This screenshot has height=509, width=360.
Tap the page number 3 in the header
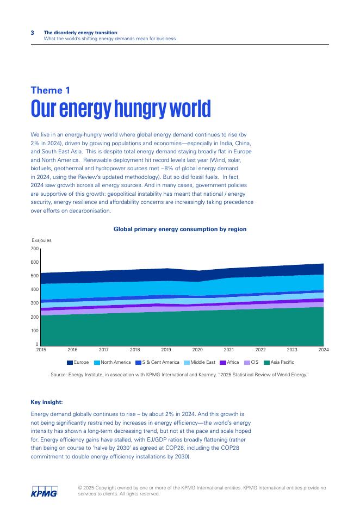tap(32, 33)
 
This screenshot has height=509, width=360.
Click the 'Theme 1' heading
tap(50, 90)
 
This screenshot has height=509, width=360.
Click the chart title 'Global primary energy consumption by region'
tap(180, 229)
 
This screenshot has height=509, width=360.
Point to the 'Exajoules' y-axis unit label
tap(41, 240)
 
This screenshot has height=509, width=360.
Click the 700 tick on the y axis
tap(35, 249)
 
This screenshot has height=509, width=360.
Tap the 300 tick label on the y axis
tap(35, 303)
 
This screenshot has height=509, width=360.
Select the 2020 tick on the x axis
tap(197, 350)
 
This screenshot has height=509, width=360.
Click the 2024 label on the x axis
tap(324, 350)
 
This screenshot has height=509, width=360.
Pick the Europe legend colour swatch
tap(70, 362)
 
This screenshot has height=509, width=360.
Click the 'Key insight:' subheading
tap(47, 402)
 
